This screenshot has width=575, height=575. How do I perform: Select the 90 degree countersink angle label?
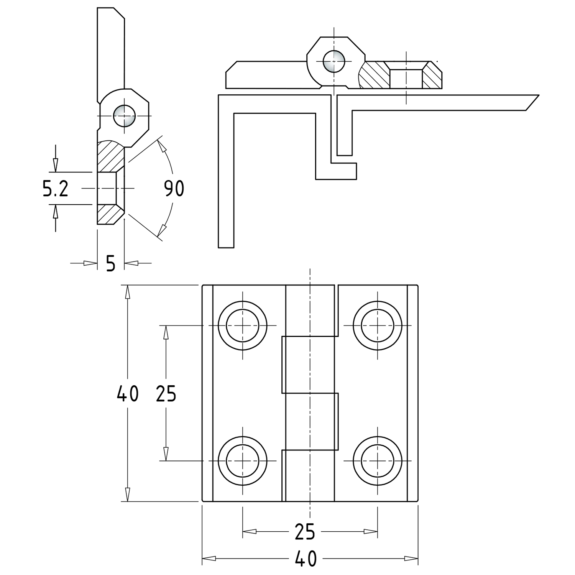174,188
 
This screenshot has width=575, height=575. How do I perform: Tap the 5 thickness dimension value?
110,264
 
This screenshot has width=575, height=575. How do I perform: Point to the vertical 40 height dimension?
127,394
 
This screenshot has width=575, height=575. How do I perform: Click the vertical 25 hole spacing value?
166,394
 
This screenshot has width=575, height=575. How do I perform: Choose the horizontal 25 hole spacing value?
305,531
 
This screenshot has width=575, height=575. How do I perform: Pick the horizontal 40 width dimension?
306,559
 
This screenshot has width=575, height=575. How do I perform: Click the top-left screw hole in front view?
243,325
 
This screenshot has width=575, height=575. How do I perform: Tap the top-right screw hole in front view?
378,325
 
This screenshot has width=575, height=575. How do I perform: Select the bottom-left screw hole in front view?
243,460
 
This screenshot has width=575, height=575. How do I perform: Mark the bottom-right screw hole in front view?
378,460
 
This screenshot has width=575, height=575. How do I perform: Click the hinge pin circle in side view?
124,116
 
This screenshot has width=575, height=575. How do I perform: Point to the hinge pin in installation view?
333,61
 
